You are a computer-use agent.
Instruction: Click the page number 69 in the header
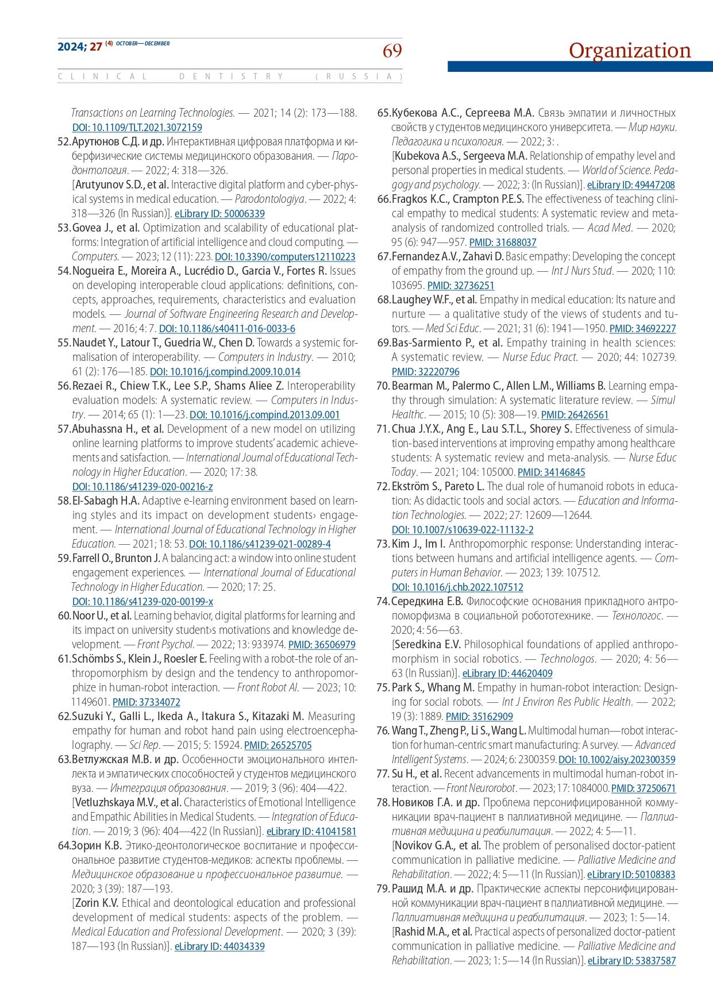pos(392,51)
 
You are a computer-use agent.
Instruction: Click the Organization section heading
pos(630,51)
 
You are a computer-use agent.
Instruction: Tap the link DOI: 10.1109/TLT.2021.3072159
pos(137,128)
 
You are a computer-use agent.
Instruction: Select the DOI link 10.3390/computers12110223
pos(285,257)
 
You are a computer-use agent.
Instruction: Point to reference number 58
pos(64,501)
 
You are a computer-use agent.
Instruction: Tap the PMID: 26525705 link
pos(278,745)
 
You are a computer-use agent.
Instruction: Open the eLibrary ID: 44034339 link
pos(219,947)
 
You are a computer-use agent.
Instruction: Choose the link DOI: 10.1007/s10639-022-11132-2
pos(462,530)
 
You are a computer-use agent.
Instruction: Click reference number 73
pos(383,544)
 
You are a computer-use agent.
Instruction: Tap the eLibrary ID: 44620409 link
pos(507,674)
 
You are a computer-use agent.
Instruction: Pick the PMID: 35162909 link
pos(479,717)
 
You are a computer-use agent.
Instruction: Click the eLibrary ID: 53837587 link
pos(631,961)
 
